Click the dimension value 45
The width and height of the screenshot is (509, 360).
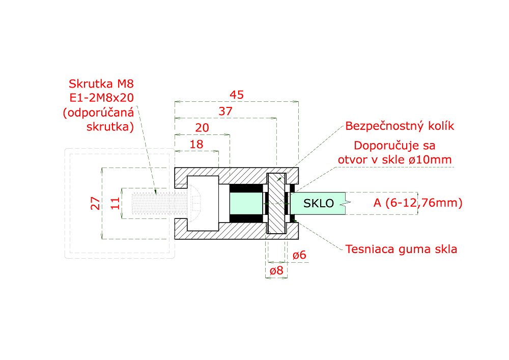237,95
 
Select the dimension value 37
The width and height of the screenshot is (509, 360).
225,112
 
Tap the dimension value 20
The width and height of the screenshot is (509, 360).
202,128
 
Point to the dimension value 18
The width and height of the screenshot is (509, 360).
196,144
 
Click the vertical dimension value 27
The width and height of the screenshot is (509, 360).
95,203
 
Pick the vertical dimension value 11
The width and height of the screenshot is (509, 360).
115,203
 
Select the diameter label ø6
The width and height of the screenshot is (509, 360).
299,255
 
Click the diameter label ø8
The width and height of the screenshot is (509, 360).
276,270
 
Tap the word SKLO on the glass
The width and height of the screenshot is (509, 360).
319,203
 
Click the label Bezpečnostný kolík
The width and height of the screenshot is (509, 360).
400,126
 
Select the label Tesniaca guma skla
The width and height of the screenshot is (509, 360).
401,249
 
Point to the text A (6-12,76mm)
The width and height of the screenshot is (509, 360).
418,203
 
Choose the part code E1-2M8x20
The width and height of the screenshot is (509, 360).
102,98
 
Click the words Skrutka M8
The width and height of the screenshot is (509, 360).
101,84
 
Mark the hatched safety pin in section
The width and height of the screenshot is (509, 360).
276,203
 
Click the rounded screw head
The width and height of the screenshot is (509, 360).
194,203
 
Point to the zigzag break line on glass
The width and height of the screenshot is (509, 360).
346,204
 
